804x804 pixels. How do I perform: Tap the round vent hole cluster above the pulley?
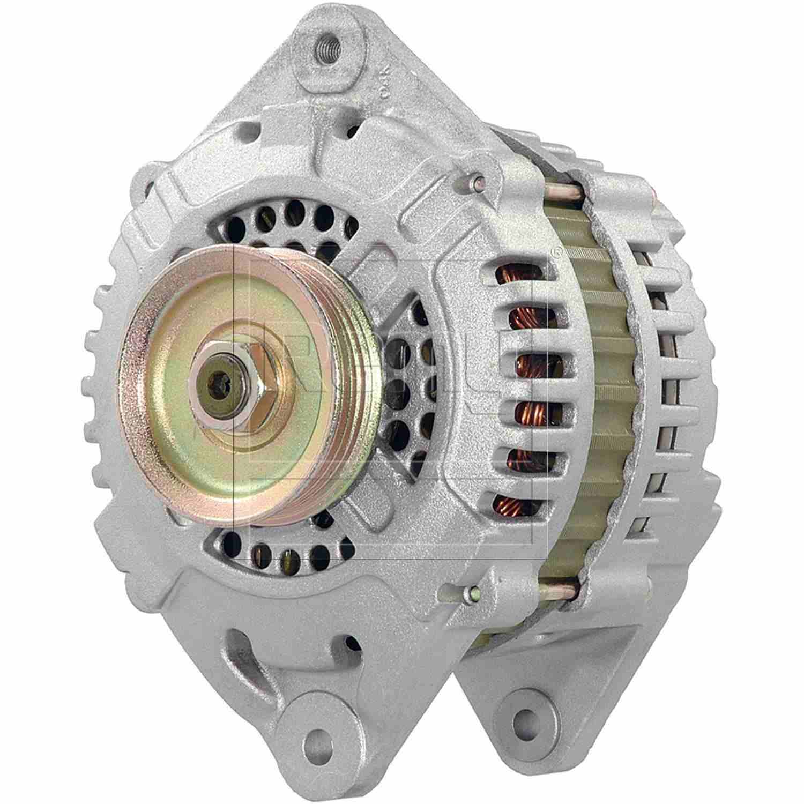pyautogui.click(x=289, y=220)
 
